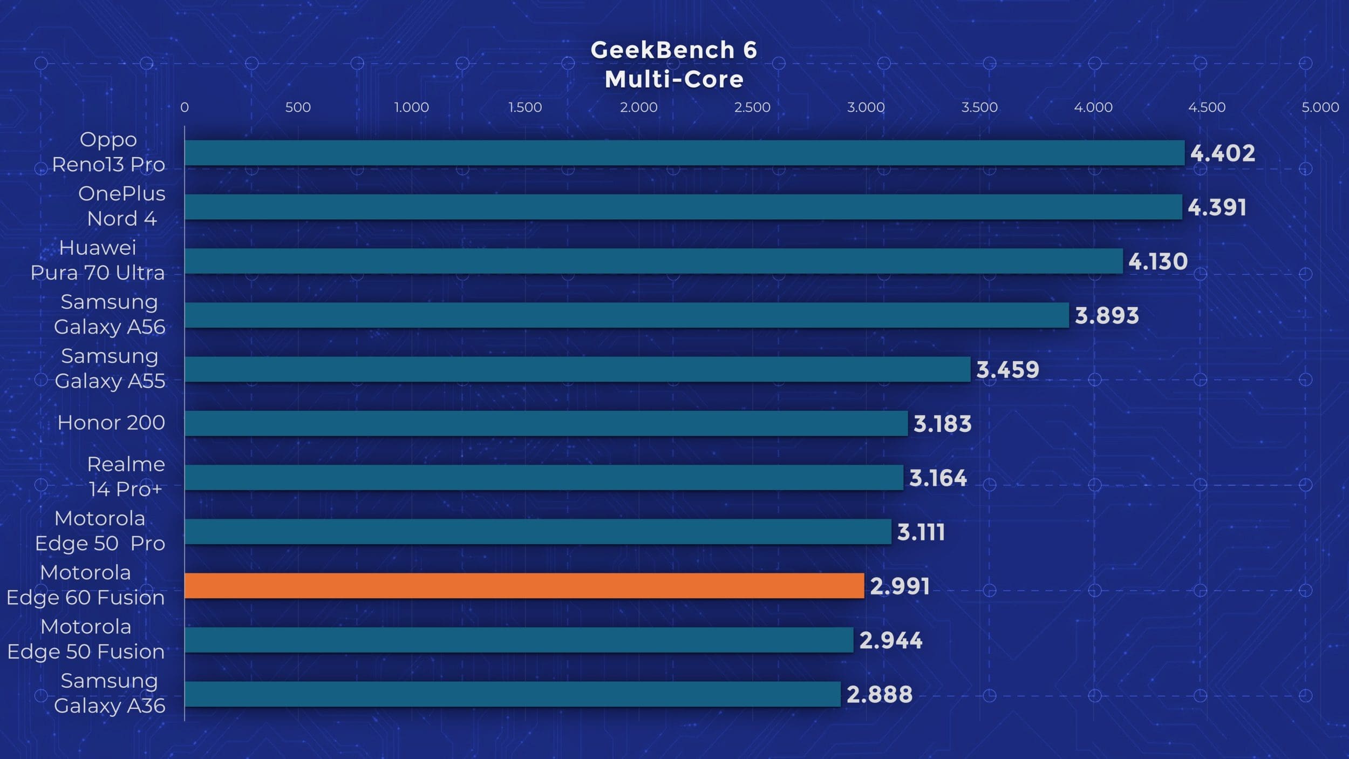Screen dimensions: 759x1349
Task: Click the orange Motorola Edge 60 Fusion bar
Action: coord(524,586)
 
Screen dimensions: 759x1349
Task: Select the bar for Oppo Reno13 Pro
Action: coord(684,153)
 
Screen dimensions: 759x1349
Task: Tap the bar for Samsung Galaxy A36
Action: coord(513,694)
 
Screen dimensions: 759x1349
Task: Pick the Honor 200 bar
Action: coord(546,423)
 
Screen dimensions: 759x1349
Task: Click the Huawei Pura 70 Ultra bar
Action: coord(653,261)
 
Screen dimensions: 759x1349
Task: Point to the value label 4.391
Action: coord(1217,207)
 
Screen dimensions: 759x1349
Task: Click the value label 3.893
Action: coord(1107,315)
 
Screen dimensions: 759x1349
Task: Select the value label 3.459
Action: coord(1007,370)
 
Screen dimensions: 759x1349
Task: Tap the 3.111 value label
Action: coord(921,532)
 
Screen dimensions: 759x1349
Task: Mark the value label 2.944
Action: coord(891,640)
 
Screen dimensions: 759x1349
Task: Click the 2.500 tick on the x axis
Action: coord(752,107)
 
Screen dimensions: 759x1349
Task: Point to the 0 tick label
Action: coord(185,107)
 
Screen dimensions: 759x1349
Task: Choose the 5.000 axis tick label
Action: coord(1320,107)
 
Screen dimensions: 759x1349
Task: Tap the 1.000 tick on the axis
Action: coord(412,107)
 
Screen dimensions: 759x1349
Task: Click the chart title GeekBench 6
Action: coord(674,50)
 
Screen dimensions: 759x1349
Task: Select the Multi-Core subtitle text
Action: coord(674,79)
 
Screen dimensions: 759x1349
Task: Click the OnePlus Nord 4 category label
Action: coord(121,206)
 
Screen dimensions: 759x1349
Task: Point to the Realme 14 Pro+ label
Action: coord(126,477)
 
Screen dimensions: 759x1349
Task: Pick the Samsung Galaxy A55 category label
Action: coord(110,369)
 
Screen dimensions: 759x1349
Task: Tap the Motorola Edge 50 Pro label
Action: coord(100,531)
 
